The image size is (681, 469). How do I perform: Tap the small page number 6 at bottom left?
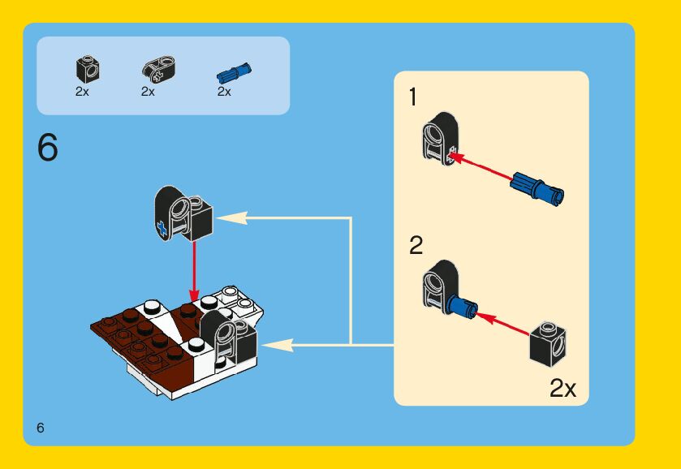(x=40, y=428)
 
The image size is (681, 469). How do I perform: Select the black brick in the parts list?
(x=84, y=69)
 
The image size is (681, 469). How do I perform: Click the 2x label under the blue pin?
(x=224, y=92)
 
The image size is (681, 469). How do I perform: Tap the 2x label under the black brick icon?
(x=82, y=92)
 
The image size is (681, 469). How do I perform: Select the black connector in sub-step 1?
(x=439, y=139)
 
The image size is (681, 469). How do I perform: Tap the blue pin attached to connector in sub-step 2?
(x=461, y=307)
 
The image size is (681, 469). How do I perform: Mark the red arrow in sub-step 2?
(x=503, y=324)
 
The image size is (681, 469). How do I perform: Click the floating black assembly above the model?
(x=182, y=213)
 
